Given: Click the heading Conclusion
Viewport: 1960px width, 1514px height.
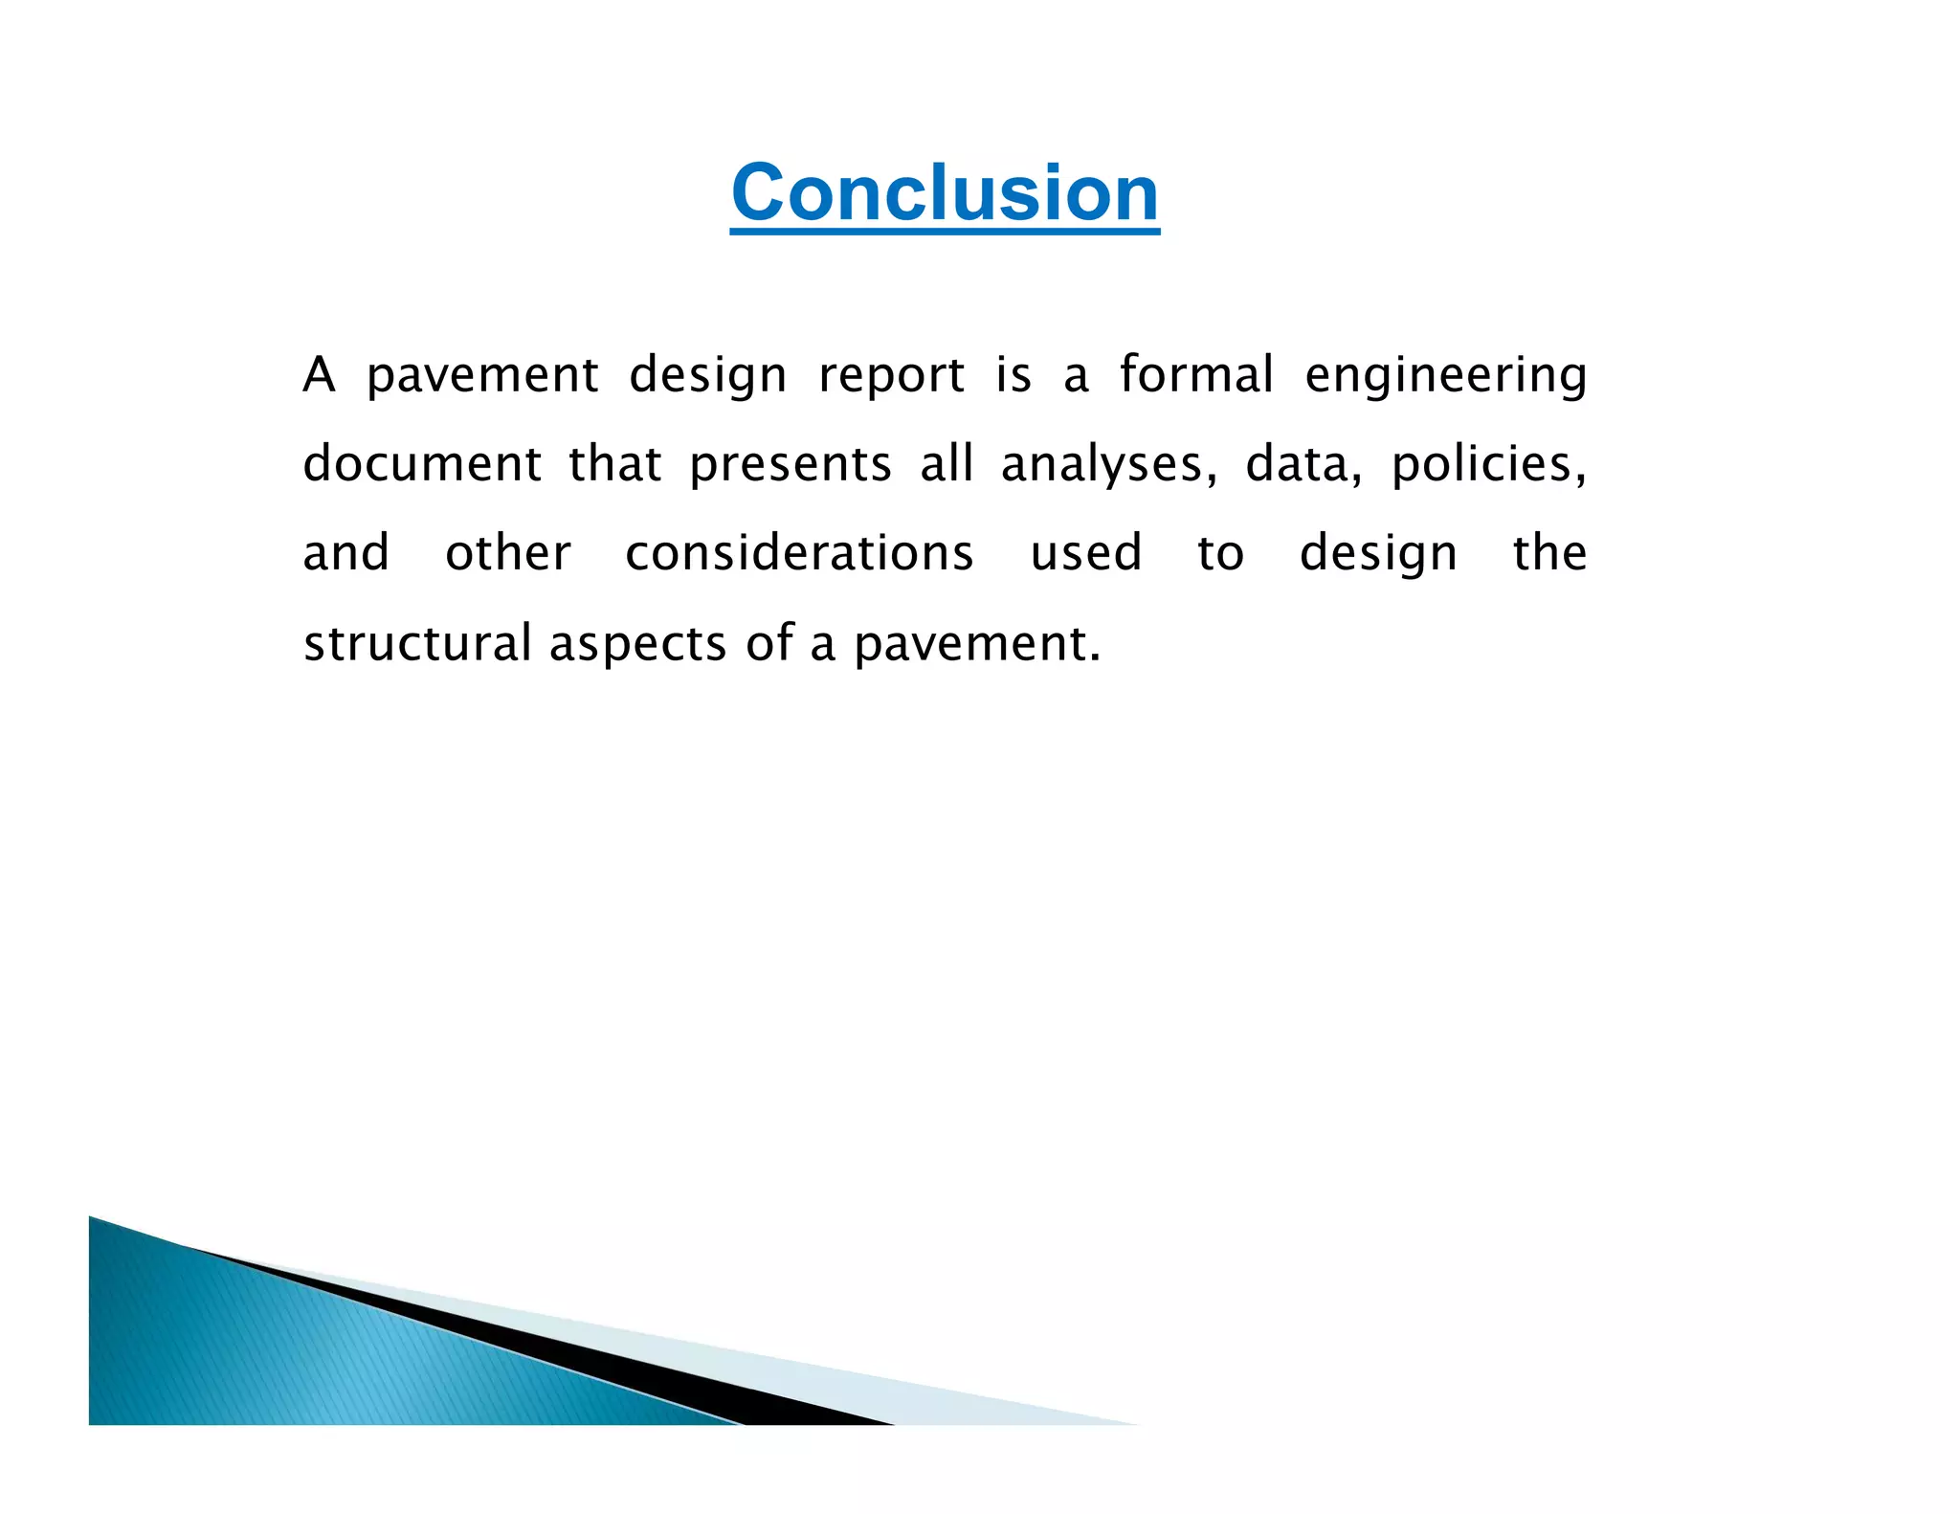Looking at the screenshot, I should (945, 193).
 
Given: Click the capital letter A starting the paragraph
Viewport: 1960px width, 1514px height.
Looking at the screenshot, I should (319, 375).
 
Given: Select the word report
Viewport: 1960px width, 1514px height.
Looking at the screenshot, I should (891, 375).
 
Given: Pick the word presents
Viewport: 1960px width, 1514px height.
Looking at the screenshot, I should (791, 465).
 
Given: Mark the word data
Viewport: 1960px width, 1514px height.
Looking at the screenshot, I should (1302, 464).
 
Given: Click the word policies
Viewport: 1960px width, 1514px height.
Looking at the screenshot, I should (1487, 464).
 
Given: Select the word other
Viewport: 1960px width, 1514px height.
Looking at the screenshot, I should (508, 553).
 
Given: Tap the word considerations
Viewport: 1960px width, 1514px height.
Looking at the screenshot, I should (799, 553).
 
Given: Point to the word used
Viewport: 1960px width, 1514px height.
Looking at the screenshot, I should (1086, 553).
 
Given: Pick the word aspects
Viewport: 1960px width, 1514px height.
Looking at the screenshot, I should (637, 643).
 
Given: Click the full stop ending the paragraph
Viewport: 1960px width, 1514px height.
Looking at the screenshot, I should (1095, 657).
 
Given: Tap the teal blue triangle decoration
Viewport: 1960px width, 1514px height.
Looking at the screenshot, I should (287, 1349).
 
